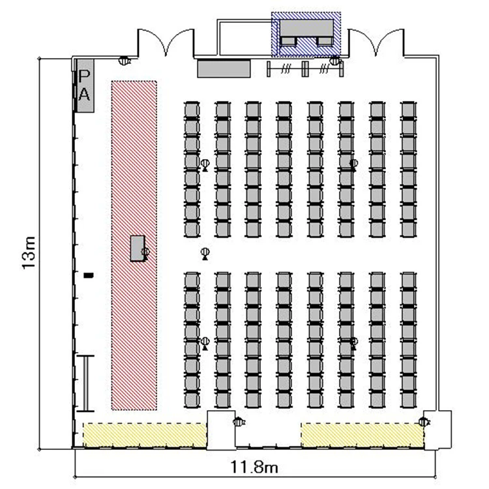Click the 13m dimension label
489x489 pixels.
point(29,253)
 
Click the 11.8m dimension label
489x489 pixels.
point(254,467)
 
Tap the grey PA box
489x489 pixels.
point(85,86)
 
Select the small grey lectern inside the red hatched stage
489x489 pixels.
point(138,248)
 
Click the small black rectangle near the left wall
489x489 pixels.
point(89,275)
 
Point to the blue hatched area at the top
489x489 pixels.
point(306,35)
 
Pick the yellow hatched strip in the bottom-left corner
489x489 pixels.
point(145,435)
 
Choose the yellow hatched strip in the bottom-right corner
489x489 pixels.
point(363,435)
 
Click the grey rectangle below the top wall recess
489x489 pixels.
point(224,68)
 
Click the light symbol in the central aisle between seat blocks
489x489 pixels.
point(205,254)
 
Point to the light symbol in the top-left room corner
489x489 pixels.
point(125,60)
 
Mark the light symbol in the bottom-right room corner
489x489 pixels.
point(424,422)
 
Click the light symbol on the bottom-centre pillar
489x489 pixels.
point(239,422)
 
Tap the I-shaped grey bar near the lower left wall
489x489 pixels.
point(85,383)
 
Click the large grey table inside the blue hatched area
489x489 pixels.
point(306,28)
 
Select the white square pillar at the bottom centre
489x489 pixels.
point(221,430)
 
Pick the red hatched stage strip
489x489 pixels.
point(134,245)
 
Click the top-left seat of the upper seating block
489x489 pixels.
point(192,110)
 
